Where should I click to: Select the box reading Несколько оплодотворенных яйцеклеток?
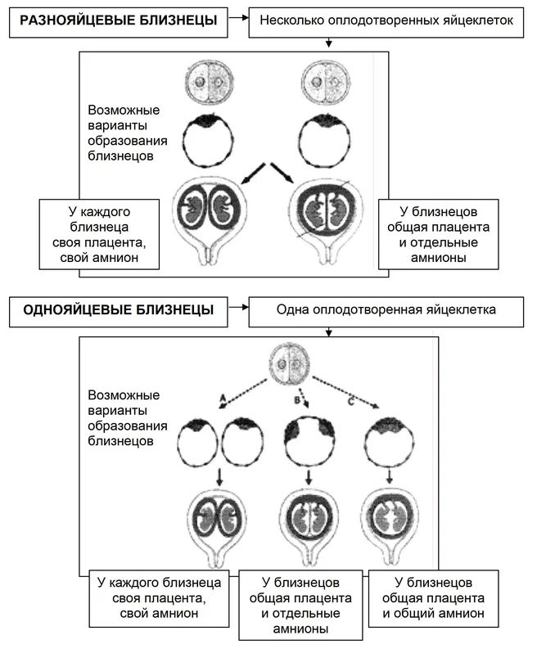point(386,20)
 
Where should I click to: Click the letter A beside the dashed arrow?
point(221,395)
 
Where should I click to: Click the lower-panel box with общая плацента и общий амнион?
point(431,597)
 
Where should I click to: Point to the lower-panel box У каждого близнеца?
point(160,597)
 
